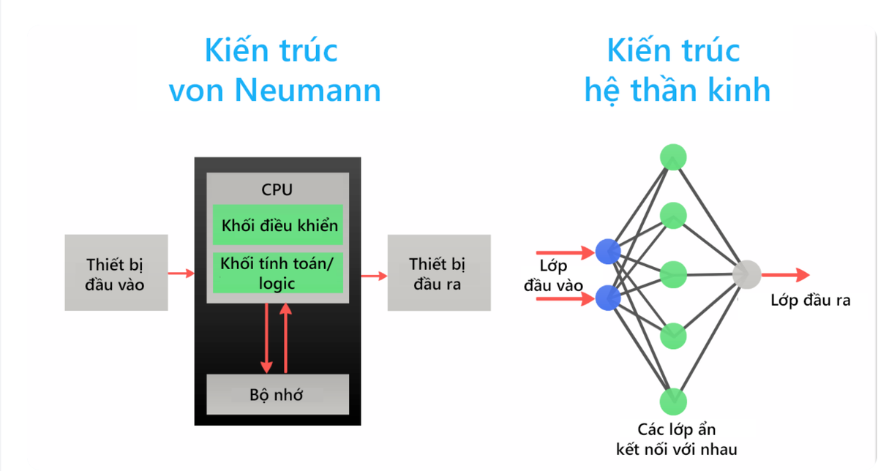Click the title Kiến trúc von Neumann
tap(274, 71)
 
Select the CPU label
tap(277, 189)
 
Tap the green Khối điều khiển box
tap(278, 225)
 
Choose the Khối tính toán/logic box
tap(278, 273)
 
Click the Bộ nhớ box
tap(277, 395)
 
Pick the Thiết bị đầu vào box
tap(116, 273)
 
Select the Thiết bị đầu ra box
tap(439, 273)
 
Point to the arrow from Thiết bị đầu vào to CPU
tap(181, 274)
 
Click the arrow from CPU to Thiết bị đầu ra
tap(374, 276)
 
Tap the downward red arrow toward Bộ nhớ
tap(267, 336)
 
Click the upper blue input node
tap(608, 252)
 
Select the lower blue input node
tap(608, 298)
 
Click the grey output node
tap(746, 274)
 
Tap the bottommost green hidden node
tap(672, 401)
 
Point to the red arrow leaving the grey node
tap(784, 274)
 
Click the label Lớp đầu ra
tap(811, 301)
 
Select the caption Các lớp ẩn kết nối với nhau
tap(677, 439)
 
